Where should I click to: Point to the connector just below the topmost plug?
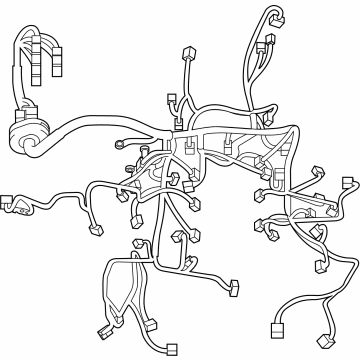269,42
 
